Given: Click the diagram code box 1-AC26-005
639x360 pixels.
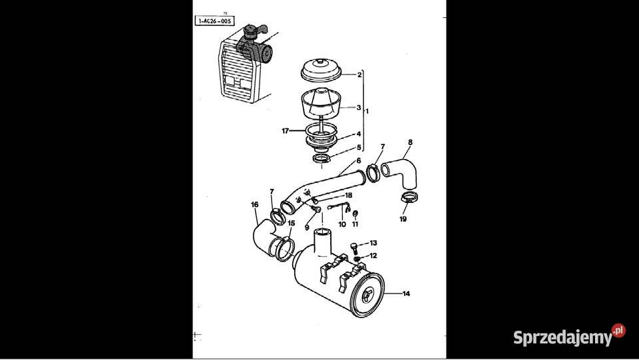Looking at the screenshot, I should click(x=214, y=21).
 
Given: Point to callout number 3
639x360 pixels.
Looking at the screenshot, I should click(x=359, y=107).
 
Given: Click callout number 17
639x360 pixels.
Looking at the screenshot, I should click(x=286, y=131).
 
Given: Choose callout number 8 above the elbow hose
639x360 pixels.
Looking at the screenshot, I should click(x=410, y=142).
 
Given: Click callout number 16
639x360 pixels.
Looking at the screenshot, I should click(x=254, y=204).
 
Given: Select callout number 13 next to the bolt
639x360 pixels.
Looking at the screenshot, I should click(x=373, y=244).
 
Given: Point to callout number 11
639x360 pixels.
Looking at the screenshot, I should click(x=355, y=224).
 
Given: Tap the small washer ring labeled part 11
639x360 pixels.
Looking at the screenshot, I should click(x=355, y=214).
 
